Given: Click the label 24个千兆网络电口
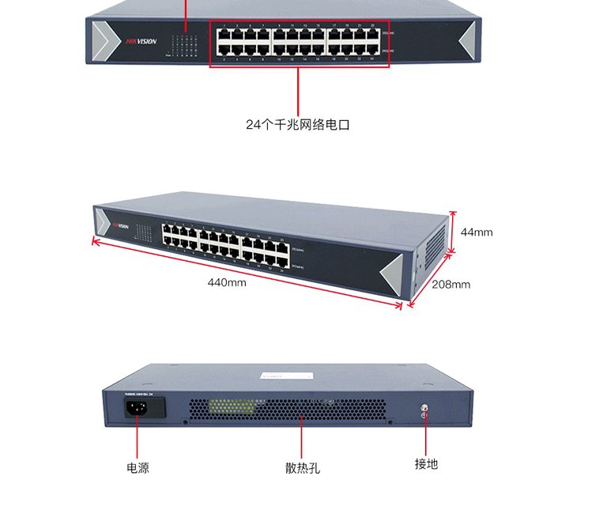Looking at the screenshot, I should pyautogui.click(x=297, y=125).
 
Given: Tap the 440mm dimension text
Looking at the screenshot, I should pyautogui.click(x=227, y=282).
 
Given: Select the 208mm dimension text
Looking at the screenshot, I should pyautogui.click(x=451, y=284).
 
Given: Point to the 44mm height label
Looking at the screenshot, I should pyautogui.click(x=477, y=232).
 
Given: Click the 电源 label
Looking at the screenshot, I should pyautogui.click(x=138, y=467).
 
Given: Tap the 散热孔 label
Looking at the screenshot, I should pyautogui.click(x=303, y=468).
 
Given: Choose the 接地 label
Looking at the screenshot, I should pyautogui.click(x=426, y=464).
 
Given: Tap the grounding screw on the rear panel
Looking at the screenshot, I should pyautogui.click(x=424, y=412).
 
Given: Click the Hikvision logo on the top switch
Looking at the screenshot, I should pyautogui.click(x=142, y=41).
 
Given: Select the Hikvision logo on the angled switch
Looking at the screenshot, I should pyautogui.click(x=119, y=224).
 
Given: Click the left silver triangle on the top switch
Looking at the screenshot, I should pyautogui.click(x=104, y=40).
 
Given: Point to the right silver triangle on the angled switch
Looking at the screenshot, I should pyautogui.click(x=393, y=273).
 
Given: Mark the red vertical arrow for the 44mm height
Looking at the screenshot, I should pyautogui.click(x=453, y=232).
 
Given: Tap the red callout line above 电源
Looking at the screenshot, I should pyautogui.click(x=137, y=436).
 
